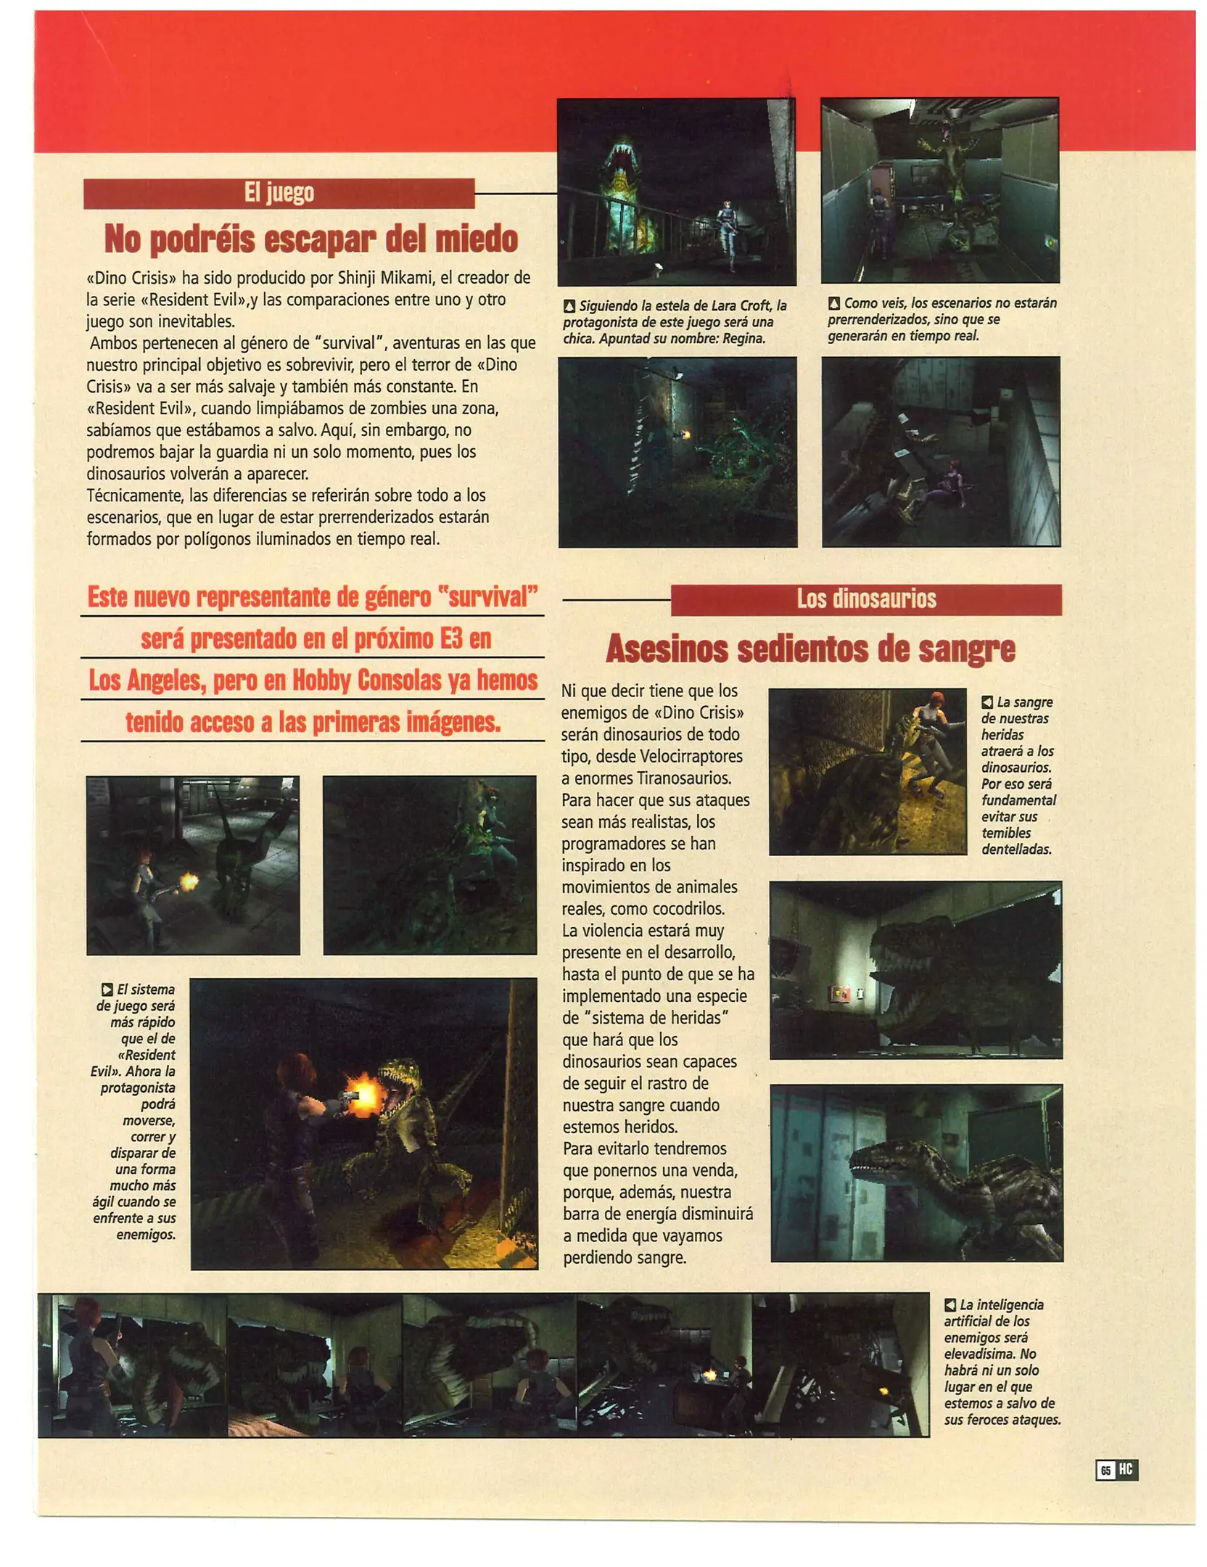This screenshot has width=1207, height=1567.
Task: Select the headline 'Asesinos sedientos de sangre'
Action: pos(810,649)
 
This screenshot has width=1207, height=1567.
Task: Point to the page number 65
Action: pos(1105,1471)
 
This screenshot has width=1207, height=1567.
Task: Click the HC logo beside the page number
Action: pos(1126,1470)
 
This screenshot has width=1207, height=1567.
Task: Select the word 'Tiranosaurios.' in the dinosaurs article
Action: pos(683,778)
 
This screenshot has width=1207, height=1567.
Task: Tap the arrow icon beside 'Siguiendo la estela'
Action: pos(570,307)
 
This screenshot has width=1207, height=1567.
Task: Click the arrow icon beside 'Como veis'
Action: pos(834,303)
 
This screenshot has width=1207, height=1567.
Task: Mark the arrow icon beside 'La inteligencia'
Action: pos(950,1305)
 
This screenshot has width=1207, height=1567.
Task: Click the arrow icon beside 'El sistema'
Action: pos(107,990)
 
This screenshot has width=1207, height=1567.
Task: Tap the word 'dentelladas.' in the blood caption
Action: pos(1016,850)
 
